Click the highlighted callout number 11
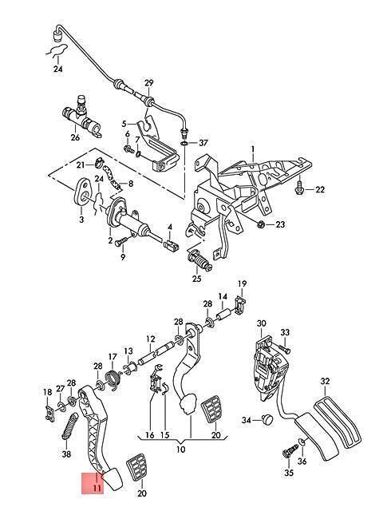[x=97, y=488]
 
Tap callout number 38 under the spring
[x=66, y=454]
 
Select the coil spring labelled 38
[x=69, y=426]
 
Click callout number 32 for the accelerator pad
[x=326, y=381]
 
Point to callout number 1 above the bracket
[x=252, y=149]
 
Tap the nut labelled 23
[x=260, y=224]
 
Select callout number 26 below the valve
[x=76, y=137]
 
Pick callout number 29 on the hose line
[x=149, y=83]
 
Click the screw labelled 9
[x=120, y=242]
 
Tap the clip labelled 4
[x=171, y=246]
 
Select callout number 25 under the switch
[x=196, y=278]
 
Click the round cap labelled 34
[x=267, y=420]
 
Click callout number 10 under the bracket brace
[x=181, y=450]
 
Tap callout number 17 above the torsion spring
[x=113, y=356]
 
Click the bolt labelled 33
[x=285, y=348]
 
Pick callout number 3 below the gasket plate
[x=81, y=219]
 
